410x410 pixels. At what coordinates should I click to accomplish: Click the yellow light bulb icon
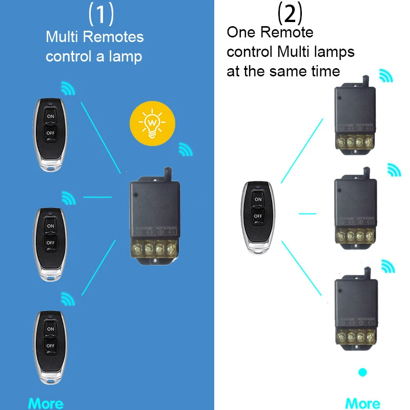(x=151, y=124)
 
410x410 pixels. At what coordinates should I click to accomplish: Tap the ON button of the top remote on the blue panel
(x=50, y=116)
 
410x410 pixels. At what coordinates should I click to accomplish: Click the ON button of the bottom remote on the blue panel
(x=50, y=329)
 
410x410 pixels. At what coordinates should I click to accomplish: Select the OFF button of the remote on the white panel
(x=258, y=216)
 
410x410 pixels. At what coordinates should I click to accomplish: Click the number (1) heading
(x=101, y=14)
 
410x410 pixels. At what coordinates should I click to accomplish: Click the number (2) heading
(x=290, y=14)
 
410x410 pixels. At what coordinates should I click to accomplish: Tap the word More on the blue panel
(x=46, y=403)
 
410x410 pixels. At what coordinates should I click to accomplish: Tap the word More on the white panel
(x=363, y=403)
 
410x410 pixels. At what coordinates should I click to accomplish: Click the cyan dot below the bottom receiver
(x=363, y=372)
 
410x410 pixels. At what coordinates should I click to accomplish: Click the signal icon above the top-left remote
(x=68, y=88)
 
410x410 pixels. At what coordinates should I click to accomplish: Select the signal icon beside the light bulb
(x=186, y=150)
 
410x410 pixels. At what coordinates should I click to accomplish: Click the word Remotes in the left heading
(x=114, y=37)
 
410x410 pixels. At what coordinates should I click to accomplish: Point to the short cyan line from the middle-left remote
(x=97, y=197)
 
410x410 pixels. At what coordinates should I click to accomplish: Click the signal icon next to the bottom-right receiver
(x=388, y=266)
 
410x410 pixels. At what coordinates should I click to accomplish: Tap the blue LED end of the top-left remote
(x=50, y=167)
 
